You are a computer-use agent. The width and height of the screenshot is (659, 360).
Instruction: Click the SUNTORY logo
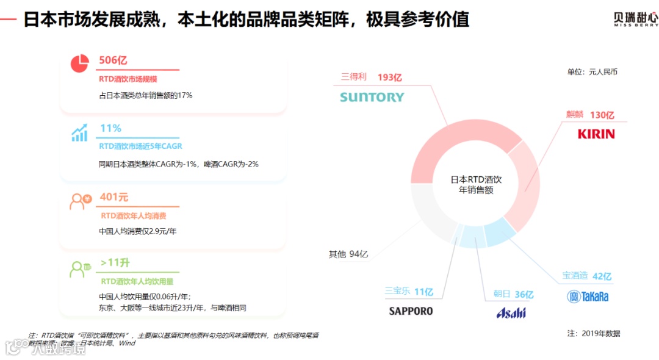pyautogui.click(x=372, y=97)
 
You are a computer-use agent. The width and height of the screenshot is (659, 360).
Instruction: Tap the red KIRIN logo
pyautogui.click(x=596, y=134)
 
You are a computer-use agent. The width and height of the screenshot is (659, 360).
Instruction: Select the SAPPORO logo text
pyautogui.click(x=411, y=311)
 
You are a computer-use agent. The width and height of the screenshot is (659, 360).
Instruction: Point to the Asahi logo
pyautogui.click(x=511, y=313)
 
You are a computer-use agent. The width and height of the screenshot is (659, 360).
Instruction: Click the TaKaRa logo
pyautogui.click(x=587, y=297)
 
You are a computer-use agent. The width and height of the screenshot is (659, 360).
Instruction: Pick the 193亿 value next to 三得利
pyautogui.click(x=390, y=77)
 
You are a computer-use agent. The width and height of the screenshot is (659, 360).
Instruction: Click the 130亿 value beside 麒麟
pyautogui.click(x=602, y=115)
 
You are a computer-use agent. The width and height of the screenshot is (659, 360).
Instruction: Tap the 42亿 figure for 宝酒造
pyautogui.click(x=602, y=276)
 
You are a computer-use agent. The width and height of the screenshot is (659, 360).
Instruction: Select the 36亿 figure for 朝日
pyautogui.click(x=524, y=294)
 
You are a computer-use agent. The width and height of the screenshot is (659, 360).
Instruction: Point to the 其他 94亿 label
pyautogui.click(x=348, y=254)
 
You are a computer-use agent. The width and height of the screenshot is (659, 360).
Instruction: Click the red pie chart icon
pyautogui.click(x=80, y=63)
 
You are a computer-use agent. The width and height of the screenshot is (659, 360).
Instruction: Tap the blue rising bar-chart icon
pyautogui.click(x=79, y=133)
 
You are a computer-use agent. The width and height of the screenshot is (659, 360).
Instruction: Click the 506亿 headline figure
pyautogui.click(x=113, y=60)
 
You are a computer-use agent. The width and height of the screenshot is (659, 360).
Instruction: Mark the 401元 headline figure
pyautogui.click(x=114, y=198)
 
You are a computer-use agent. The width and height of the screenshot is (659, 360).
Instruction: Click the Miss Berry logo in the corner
pyautogui.click(x=635, y=20)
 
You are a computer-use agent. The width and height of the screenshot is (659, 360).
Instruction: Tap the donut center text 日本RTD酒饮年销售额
pyautogui.click(x=475, y=185)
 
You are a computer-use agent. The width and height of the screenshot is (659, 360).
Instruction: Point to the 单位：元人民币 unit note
pyautogui.click(x=592, y=72)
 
